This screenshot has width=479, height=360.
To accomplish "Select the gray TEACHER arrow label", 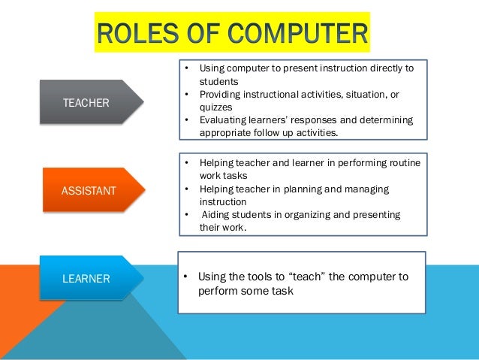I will pyautogui.click(x=86, y=102).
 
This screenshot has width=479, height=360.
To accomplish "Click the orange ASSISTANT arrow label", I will pyautogui.click(x=89, y=190).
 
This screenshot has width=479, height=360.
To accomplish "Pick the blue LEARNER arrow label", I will pyautogui.click(x=86, y=279).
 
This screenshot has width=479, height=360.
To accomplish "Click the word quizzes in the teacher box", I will pyautogui.click(x=217, y=107).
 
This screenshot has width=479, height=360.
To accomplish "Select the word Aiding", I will pyautogui.click(x=215, y=215).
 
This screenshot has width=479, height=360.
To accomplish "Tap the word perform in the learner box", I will pyautogui.click(x=218, y=290).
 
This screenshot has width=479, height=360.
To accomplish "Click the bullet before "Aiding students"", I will pyautogui.click(x=185, y=215).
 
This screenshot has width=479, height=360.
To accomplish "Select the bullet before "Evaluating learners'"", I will pyautogui.click(x=185, y=120).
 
